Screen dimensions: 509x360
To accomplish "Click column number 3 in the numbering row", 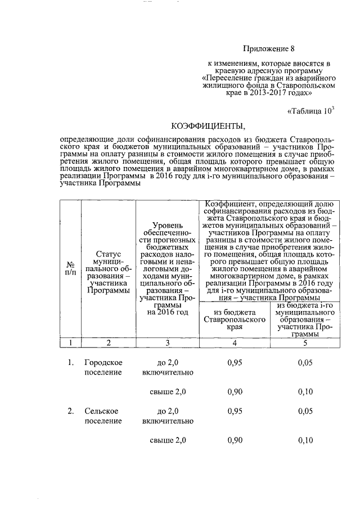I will point(167,343).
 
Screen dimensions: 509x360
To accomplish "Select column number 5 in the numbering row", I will point(305,343).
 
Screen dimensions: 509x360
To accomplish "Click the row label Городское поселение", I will point(103,368).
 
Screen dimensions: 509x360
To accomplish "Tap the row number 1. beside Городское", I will point(71,363).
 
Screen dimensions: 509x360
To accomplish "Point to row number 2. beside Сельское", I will point(71,411).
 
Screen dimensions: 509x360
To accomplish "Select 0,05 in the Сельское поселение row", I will point(305,411).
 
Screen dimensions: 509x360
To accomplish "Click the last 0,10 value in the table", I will point(305,440).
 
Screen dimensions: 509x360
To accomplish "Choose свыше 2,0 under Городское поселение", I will point(168,391).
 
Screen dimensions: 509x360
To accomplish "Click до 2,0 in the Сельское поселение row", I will point(168,411).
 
